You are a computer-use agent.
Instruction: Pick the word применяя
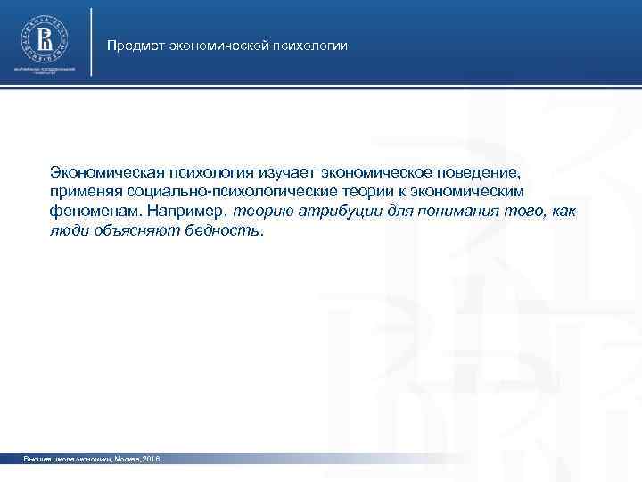[x=86, y=191]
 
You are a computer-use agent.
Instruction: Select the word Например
[x=185, y=211]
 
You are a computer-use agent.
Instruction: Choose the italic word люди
[x=69, y=230]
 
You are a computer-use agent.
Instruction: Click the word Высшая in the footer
[x=39, y=459]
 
